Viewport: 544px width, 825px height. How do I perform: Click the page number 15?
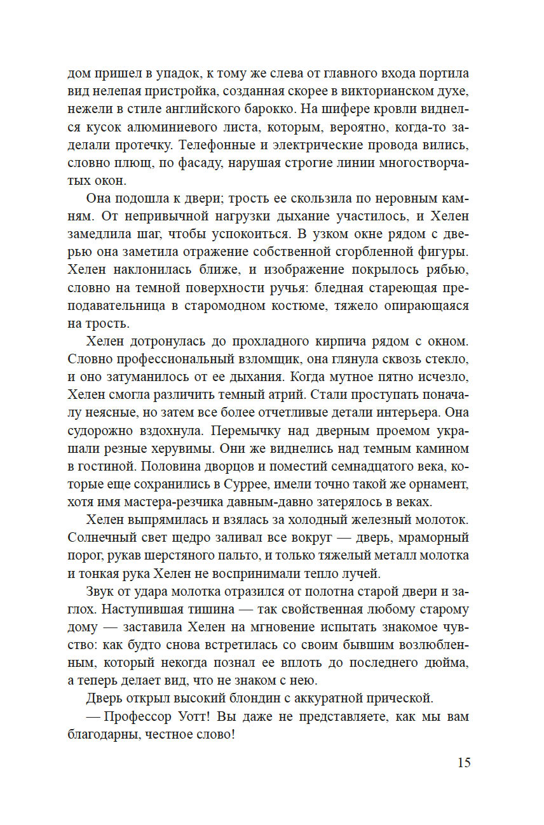tap(463, 763)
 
